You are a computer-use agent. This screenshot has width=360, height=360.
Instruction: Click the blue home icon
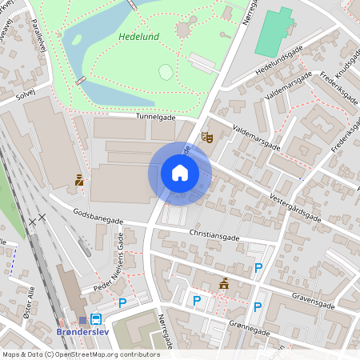click(x=180, y=173)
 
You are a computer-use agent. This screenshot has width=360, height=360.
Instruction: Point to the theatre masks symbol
click(x=206, y=138)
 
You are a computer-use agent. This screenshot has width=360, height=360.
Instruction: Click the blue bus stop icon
click(x=96, y=318)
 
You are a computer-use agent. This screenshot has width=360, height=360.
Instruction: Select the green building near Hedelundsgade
click(x=274, y=30)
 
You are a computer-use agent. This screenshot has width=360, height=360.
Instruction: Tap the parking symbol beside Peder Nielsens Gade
click(x=122, y=302)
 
